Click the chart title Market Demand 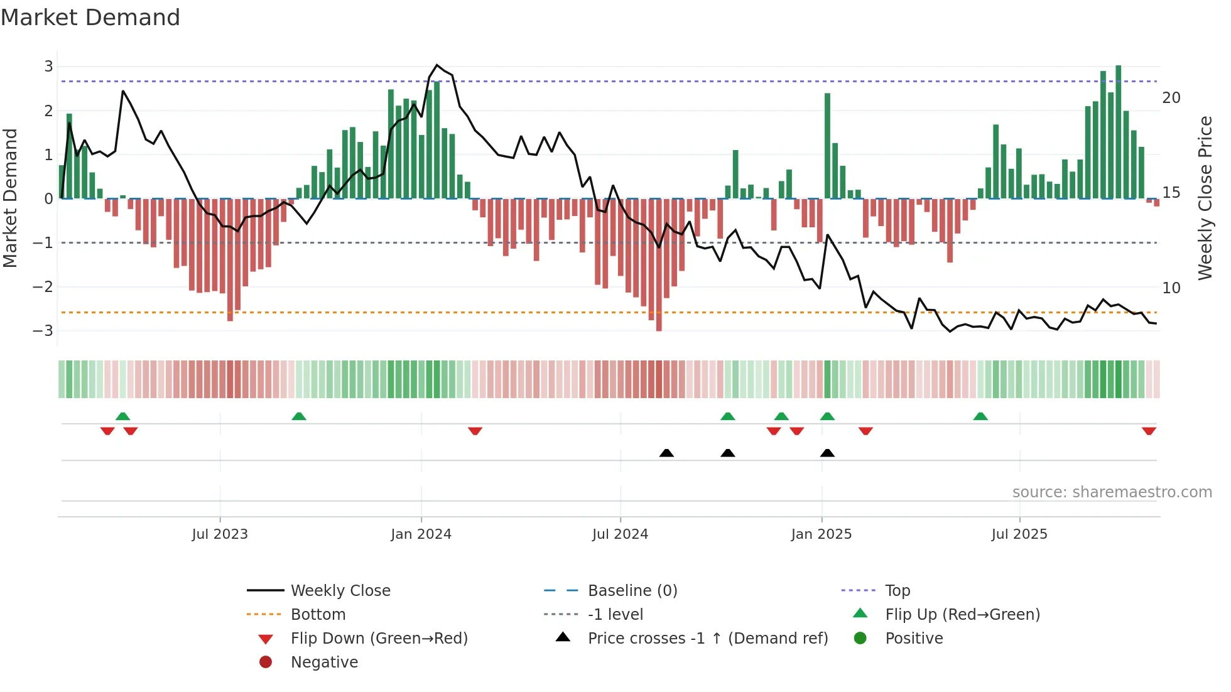[90, 18]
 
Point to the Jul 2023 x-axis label [220, 534]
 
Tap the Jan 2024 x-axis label [421, 534]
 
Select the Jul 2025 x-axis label [1019, 534]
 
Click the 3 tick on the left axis [48, 67]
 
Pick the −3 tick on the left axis [44, 331]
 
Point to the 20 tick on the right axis [1171, 98]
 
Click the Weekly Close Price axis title [1205, 198]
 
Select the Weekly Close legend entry [340, 591]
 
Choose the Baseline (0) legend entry [632, 591]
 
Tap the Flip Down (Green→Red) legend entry [379, 639]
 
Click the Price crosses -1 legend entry [707, 639]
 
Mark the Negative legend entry [324, 662]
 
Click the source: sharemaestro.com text [1112, 492]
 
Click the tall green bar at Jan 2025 [828, 146]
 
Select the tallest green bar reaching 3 [1118, 132]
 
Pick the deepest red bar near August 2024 [659, 264]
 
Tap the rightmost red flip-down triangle [1149, 431]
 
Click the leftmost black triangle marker [666, 453]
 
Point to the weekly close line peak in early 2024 [437, 65]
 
